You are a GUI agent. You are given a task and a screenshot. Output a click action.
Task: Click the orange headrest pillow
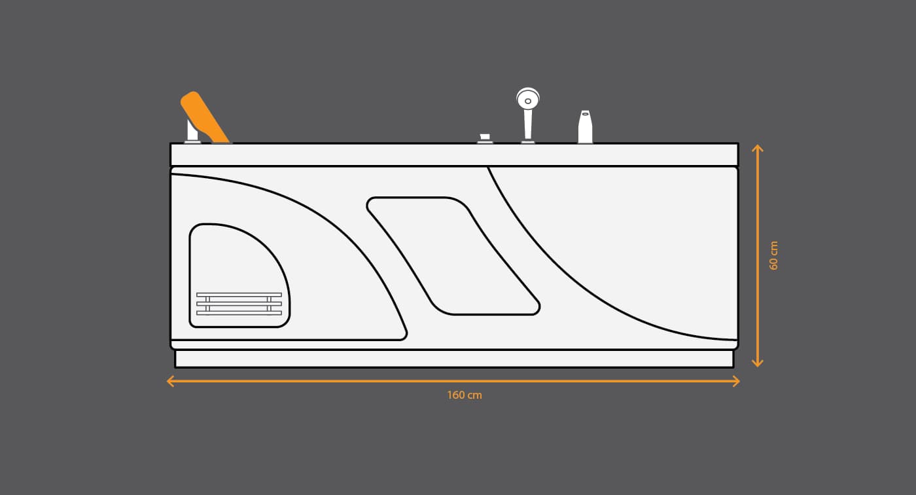[x=204, y=117]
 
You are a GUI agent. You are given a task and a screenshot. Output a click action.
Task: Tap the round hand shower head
[x=528, y=99]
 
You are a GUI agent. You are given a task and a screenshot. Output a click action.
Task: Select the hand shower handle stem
[x=528, y=125]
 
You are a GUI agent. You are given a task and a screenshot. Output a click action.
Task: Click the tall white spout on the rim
[x=585, y=127]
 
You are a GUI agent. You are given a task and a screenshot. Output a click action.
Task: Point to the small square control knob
[x=485, y=137]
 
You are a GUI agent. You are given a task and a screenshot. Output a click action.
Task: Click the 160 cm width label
[x=465, y=395]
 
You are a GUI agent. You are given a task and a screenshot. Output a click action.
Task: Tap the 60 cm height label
[x=773, y=255]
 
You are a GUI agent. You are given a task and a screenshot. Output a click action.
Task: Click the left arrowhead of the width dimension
[x=171, y=381]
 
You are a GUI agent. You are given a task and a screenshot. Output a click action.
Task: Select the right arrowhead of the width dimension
[x=736, y=381]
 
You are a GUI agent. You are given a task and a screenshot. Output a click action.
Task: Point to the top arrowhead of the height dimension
[x=758, y=148]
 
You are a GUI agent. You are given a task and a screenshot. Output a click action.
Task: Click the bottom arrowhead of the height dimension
[x=758, y=363]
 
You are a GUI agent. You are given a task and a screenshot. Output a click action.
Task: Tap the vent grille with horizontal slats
[x=239, y=304]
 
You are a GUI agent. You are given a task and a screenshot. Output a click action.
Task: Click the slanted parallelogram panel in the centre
[x=453, y=256]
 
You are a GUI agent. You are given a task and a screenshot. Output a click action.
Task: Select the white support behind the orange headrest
[x=192, y=131]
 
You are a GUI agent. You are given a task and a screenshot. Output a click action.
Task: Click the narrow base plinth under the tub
[x=454, y=359]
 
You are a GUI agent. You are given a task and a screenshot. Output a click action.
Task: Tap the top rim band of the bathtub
[x=454, y=155]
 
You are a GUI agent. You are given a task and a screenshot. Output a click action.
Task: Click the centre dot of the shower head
[x=528, y=101]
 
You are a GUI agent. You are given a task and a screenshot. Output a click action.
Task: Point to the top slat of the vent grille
[x=239, y=295]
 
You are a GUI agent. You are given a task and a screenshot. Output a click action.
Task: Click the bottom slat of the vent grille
[x=239, y=313]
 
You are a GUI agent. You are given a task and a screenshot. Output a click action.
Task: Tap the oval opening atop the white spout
[x=585, y=114]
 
